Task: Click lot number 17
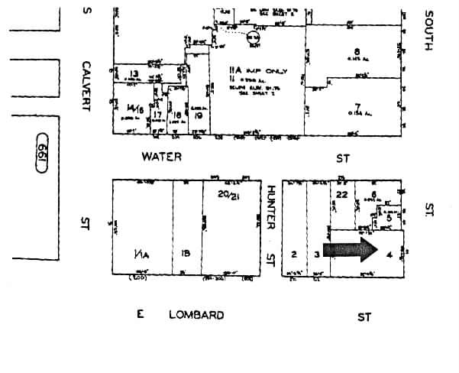coord(157,115)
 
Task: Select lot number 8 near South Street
coord(356,52)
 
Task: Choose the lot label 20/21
coord(225,195)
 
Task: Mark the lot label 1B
coord(186,253)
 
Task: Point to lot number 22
coord(341,195)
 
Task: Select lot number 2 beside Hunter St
coord(293,253)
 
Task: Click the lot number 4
coord(390,253)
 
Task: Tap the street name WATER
coord(161,157)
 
